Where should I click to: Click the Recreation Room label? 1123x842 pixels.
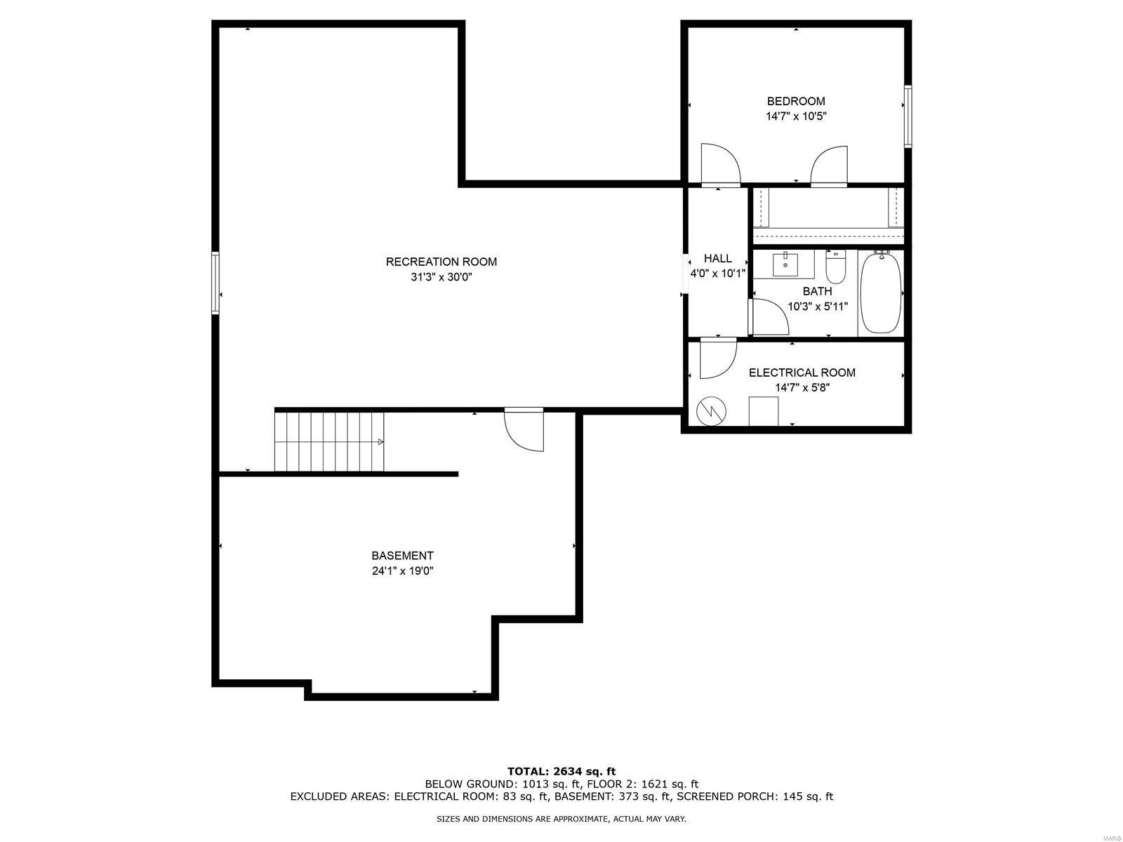[441, 262]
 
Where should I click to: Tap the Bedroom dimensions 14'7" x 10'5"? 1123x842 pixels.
[795, 116]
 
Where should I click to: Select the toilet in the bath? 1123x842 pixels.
[835, 267]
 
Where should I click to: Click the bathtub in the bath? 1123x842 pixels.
[881, 293]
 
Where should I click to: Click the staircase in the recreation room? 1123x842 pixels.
[329, 442]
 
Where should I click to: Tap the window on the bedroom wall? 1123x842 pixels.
[908, 116]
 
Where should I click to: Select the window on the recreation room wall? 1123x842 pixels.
[215, 283]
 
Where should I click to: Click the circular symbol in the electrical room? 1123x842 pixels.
[711, 410]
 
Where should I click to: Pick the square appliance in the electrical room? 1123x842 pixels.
[764, 411]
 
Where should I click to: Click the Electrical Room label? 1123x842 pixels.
[802, 373]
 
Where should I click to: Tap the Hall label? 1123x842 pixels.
[717, 258]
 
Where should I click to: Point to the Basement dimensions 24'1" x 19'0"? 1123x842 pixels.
[403, 570]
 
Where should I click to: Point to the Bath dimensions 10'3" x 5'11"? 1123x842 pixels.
[818, 307]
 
